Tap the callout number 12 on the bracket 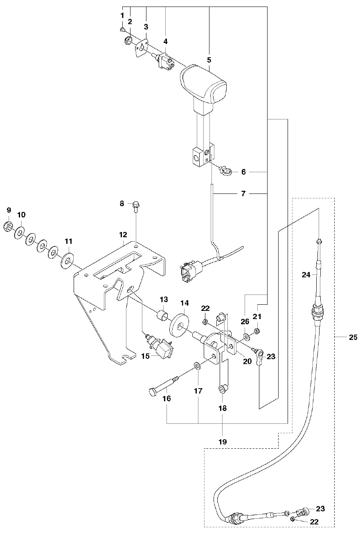coord(123,235)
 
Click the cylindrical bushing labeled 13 coord(163,316)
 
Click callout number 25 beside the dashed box coord(353,337)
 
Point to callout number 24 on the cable coord(306,275)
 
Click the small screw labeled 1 coord(122,29)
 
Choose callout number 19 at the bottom coord(222,442)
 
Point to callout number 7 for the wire coord(243,193)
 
